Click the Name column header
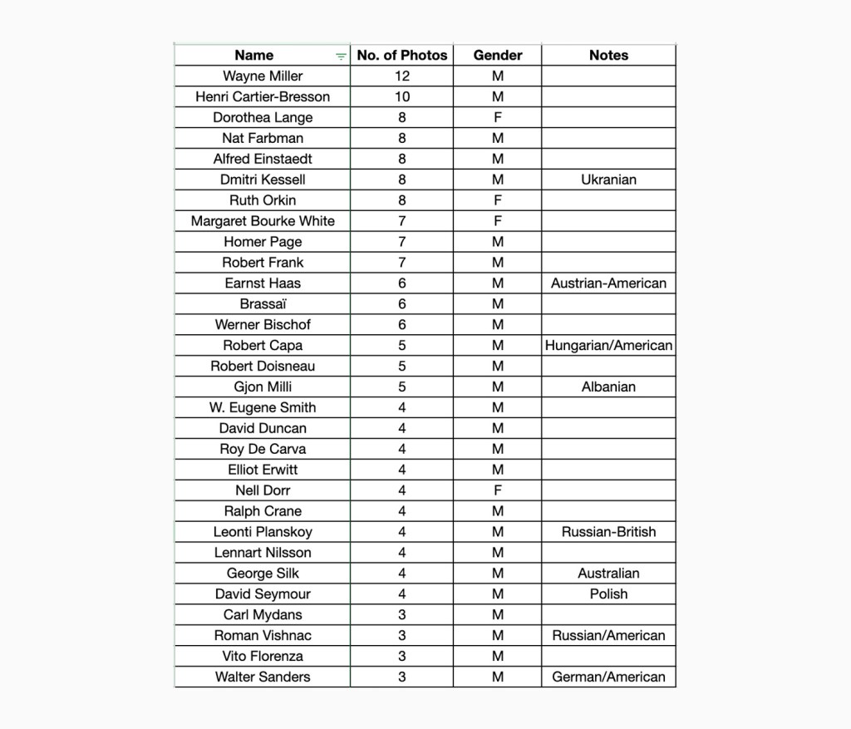pyautogui.click(x=253, y=56)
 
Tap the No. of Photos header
pyautogui.click(x=401, y=56)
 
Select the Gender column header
pyautogui.click(x=498, y=56)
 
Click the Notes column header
pyautogui.click(x=608, y=56)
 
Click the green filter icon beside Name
pyautogui.click(x=341, y=57)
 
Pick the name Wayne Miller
pyautogui.click(x=263, y=76)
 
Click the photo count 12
pyautogui.click(x=402, y=76)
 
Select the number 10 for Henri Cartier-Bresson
pyautogui.click(x=402, y=97)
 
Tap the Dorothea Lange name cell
pyautogui.click(x=263, y=118)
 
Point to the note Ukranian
pyautogui.click(x=608, y=180)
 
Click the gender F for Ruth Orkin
pyautogui.click(x=498, y=200)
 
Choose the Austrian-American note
pyautogui.click(x=608, y=283)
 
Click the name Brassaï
pyautogui.click(x=263, y=304)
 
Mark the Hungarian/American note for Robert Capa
pyautogui.click(x=608, y=346)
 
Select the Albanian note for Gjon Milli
pyautogui.click(x=608, y=387)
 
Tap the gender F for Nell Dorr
pyautogui.click(x=498, y=490)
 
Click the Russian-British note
pyautogui.click(x=608, y=532)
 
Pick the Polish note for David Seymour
pyautogui.click(x=608, y=594)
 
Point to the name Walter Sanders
pyautogui.click(x=263, y=677)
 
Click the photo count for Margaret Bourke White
pyautogui.click(x=402, y=221)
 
